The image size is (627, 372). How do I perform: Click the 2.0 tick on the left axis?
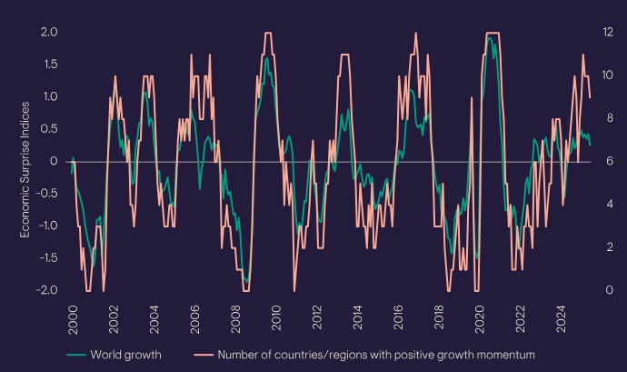click(x=47, y=32)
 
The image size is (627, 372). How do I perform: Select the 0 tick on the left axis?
click(x=55, y=161)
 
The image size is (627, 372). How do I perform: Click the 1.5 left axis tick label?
click(x=48, y=64)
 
